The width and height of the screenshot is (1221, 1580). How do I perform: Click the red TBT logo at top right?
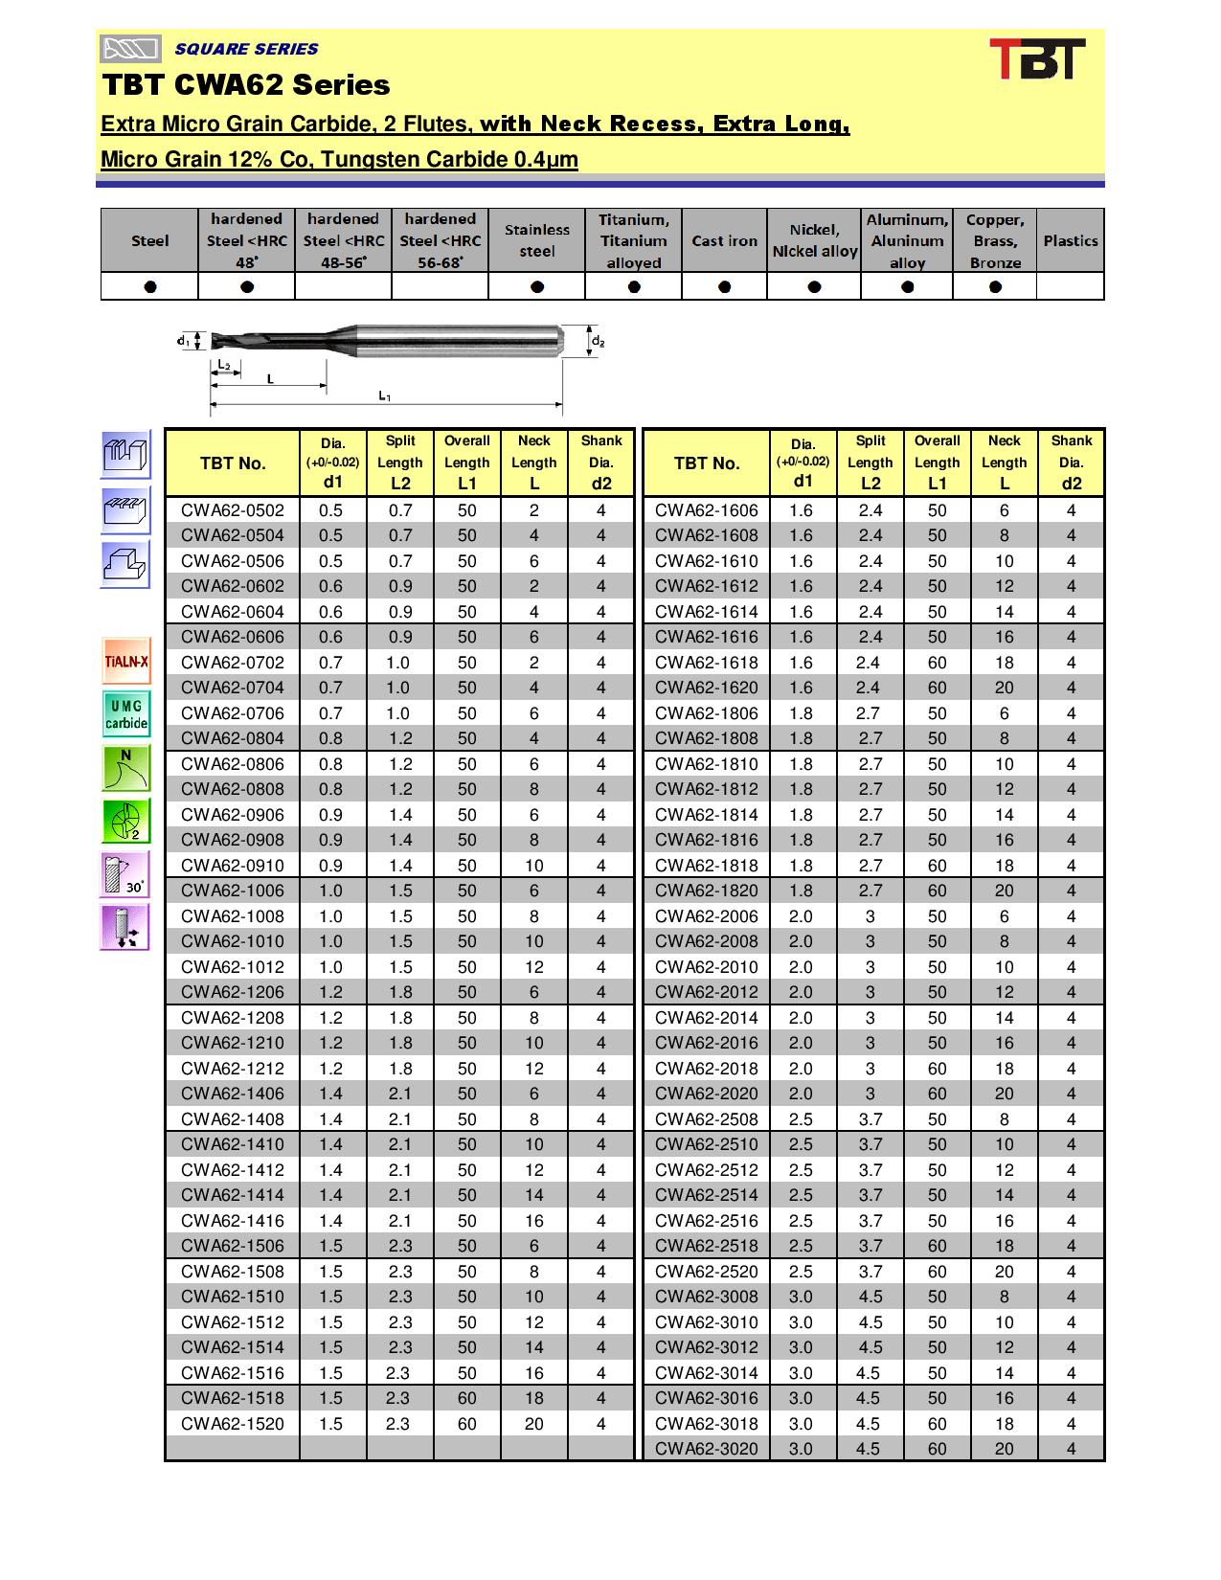1036,59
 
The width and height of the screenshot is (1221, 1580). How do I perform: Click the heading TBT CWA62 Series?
246,85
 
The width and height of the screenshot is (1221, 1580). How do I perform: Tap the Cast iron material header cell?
724,241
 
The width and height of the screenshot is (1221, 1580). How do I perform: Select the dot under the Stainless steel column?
537,286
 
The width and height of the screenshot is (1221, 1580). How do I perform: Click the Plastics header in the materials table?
1070,241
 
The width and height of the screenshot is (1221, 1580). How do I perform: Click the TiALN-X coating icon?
125,662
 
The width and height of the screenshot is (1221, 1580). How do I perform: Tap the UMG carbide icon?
125,714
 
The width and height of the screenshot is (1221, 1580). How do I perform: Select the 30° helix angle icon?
125,874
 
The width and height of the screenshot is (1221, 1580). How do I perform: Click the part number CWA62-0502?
233,510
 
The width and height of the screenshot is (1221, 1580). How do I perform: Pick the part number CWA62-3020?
707,1449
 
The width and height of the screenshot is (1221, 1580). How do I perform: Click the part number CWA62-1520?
233,1424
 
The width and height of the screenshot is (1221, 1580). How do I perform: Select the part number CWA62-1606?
707,510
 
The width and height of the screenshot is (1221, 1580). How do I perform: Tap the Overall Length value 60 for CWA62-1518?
466,1398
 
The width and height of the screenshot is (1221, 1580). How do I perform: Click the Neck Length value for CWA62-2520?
1004,1272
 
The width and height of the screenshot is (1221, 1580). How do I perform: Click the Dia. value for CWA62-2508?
801,1119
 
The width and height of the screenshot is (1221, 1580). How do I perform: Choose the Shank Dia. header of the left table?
600,463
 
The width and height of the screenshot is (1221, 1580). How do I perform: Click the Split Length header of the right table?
870,463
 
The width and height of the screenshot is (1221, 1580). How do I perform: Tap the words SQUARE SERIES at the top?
246,49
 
